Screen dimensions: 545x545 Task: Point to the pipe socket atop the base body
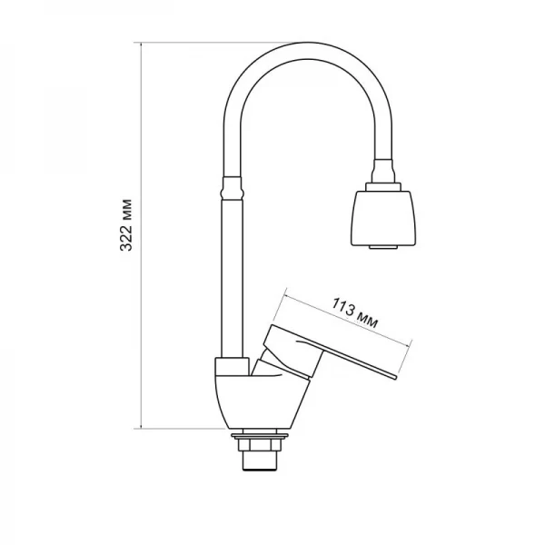coord(233,363)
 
